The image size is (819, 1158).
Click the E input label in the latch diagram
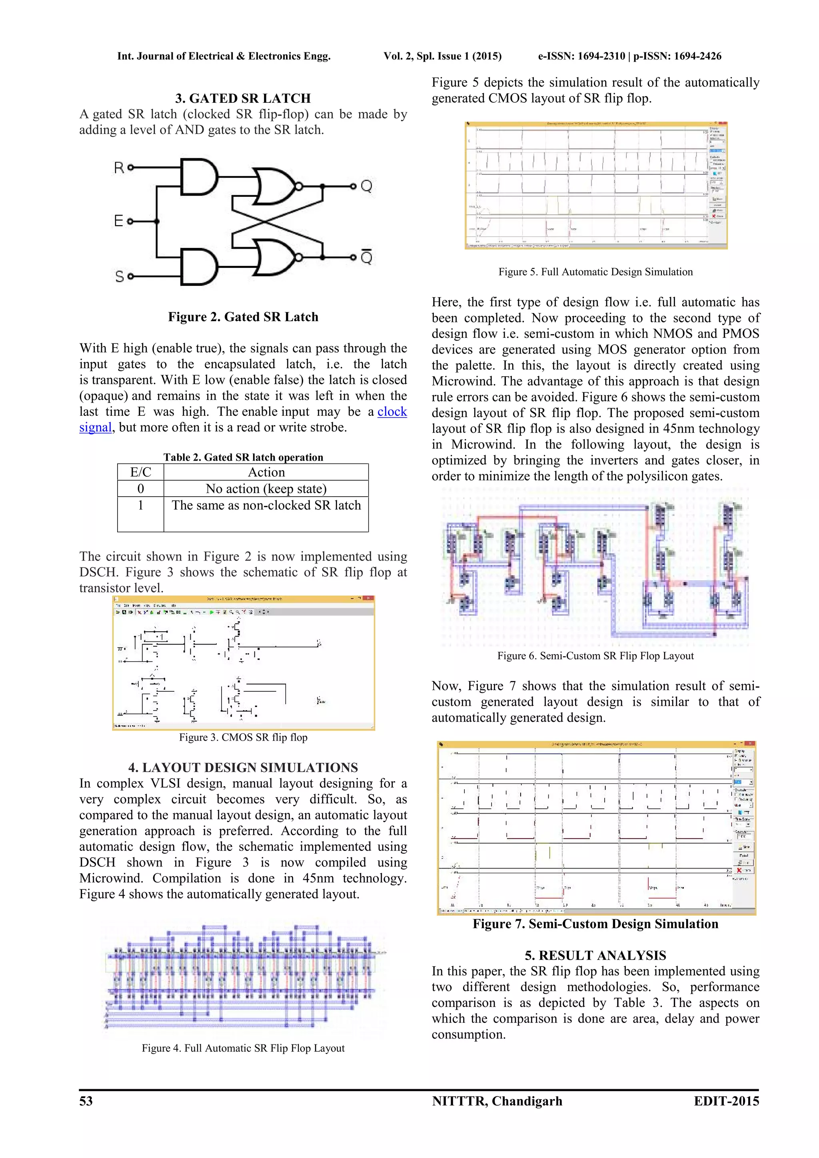coord(118,221)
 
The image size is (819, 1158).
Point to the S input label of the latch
coord(120,276)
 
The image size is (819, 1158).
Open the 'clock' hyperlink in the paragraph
coord(392,411)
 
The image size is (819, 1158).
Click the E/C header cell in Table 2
coord(141,472)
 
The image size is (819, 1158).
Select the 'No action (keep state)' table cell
coord(266,489)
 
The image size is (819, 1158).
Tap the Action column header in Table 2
coord(266,472)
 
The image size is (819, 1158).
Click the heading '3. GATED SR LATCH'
coord(243,98)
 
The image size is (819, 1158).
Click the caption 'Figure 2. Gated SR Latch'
coord(243,317)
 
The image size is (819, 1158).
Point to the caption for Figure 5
coord(595,272)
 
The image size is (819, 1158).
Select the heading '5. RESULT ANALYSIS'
coord(595,955)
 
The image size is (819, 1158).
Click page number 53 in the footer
coord(86,1100)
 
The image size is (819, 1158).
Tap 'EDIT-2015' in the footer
coord(726,1100)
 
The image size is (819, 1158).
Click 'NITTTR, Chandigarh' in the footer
coord(497,1100)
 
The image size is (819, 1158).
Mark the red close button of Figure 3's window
coord(370,599)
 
